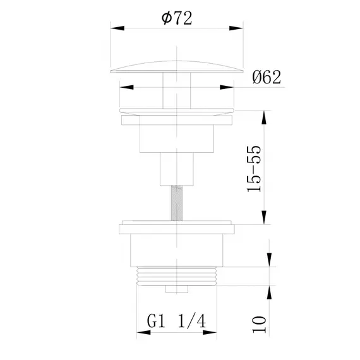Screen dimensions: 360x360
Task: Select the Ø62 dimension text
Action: point(263,77)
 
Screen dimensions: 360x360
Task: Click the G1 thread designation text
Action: point(158,321)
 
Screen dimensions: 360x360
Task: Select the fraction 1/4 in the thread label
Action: point(193,321)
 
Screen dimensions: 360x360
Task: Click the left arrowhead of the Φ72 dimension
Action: point(116,28)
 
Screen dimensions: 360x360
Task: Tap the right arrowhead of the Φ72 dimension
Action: point(237,28)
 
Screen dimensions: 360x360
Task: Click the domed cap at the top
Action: point(176,66)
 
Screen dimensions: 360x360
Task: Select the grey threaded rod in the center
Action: point(176,201)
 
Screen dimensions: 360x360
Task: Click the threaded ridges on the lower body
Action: point(176,277)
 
